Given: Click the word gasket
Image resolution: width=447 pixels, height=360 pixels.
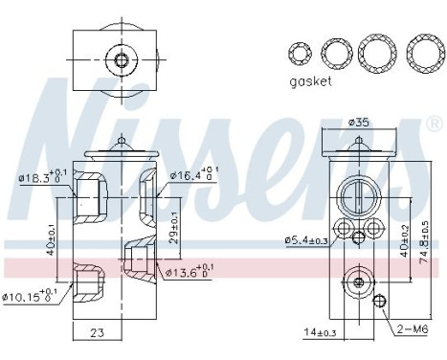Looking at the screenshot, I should point(310,82).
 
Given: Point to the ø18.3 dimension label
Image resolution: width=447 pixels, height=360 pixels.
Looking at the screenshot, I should point(39,176).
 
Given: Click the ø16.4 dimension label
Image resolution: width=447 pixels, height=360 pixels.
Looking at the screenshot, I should point(197,175).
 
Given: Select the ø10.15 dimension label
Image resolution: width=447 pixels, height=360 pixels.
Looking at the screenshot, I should point(33,296).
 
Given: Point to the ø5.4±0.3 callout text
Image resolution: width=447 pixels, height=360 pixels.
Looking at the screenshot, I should point(307,240).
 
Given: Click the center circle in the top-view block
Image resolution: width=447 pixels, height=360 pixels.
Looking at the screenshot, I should point(121,61).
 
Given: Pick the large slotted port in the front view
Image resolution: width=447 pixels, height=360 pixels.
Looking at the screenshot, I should point(354,193).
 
